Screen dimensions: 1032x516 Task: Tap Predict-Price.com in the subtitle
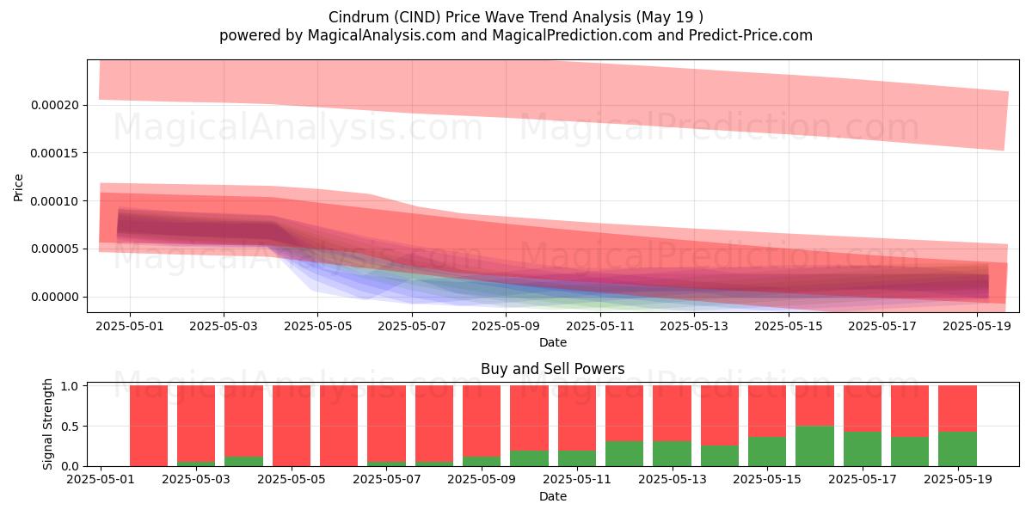pos(751,35)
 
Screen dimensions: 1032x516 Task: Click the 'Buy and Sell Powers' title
pos(552,369)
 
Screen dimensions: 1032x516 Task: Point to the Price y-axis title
pos(18,187)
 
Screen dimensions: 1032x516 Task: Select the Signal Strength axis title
pos(47,424)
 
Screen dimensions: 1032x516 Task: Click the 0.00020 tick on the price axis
pos(55,105)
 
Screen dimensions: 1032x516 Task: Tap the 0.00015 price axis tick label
pos(55,153)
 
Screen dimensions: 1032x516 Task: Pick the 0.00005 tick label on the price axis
pos(55,249)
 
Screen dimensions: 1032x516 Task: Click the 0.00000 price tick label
pos(55,297)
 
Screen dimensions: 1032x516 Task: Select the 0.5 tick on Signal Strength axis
pos(70,427)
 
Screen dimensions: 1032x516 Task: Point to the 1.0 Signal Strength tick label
pos(70,385)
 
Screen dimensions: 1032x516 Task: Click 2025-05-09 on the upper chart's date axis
pos(506,326)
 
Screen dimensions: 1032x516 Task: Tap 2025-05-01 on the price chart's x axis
pos(130,326)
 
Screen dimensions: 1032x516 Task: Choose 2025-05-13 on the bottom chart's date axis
pos(673,479)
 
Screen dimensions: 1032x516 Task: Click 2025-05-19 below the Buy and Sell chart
pos(958,479)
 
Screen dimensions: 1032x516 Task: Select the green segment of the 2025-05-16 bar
pos(814,446)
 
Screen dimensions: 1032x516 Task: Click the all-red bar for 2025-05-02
pos(149,426)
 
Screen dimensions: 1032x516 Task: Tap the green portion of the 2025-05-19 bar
pos(957,449)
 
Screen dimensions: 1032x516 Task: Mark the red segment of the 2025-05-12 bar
pos(624,414)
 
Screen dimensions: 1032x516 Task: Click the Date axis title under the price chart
pos(552,342)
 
